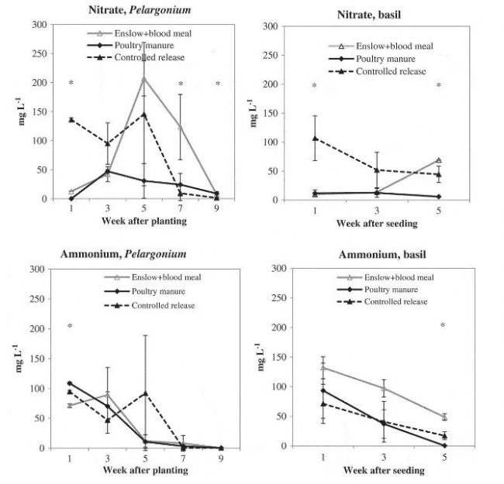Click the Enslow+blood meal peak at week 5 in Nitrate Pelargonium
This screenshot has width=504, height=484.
[143, 78]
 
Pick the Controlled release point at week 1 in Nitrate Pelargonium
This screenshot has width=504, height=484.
[71, 120]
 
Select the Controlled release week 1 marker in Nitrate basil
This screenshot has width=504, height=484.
[315, 139]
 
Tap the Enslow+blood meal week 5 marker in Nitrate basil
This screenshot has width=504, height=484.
[438, 160]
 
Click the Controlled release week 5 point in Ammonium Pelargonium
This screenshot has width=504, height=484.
[143, 393]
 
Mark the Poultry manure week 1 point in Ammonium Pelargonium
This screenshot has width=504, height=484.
[71, 383]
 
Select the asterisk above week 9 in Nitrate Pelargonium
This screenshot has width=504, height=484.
[218, 84]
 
